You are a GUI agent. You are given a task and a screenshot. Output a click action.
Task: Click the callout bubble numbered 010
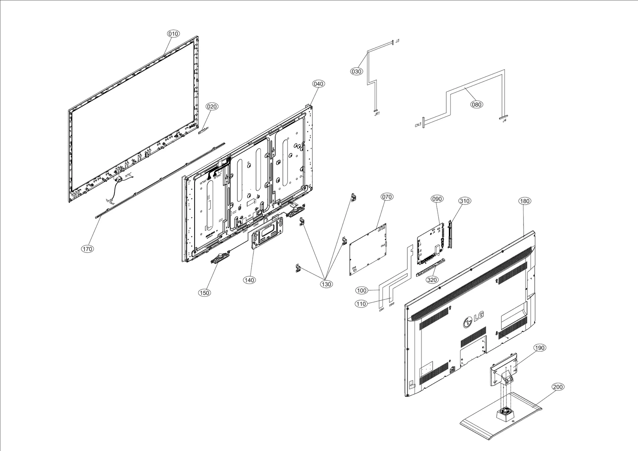pyautogui.click(x=173, y=34)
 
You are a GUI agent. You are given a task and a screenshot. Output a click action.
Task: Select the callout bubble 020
pyautogui.click(x=212, y=106)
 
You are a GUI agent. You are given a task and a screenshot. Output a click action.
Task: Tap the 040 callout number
pyautogui.click(x=318, y=84)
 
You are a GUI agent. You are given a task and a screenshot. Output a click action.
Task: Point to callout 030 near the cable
pyautogui.click(x=356, y=71)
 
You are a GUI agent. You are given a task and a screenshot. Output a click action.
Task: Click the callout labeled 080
pyautogui.click(x=476, y=104)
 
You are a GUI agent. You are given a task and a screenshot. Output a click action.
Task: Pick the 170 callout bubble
pyautogui.click(x=87, y=249)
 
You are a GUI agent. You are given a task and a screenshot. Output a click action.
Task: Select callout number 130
pyautogui.click(x=326, y=284)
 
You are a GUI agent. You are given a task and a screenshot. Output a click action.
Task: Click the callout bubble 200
pyautogui.click(x=558, y=387)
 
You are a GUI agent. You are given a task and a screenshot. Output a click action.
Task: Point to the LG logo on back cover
pyautogui.click(x=474, y=319)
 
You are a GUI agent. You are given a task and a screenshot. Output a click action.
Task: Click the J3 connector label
pyautogui.click(x=398, y=41)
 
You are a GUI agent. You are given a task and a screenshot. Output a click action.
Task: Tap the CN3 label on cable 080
pyautogui.click(x=417, y=125)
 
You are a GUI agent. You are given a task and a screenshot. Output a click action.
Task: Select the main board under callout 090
pyautogui.click(x=430, y=246)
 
